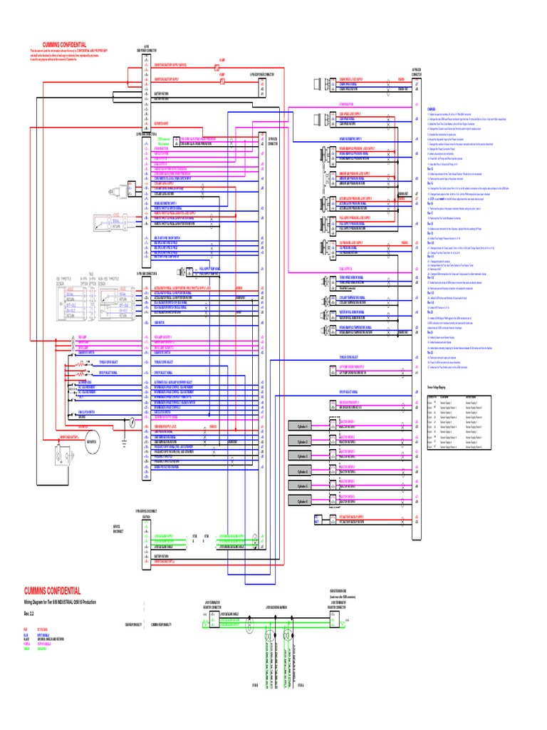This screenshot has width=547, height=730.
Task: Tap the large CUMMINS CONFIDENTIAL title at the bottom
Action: click(53, 591)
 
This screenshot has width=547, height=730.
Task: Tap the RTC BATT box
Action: click(317, 518)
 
